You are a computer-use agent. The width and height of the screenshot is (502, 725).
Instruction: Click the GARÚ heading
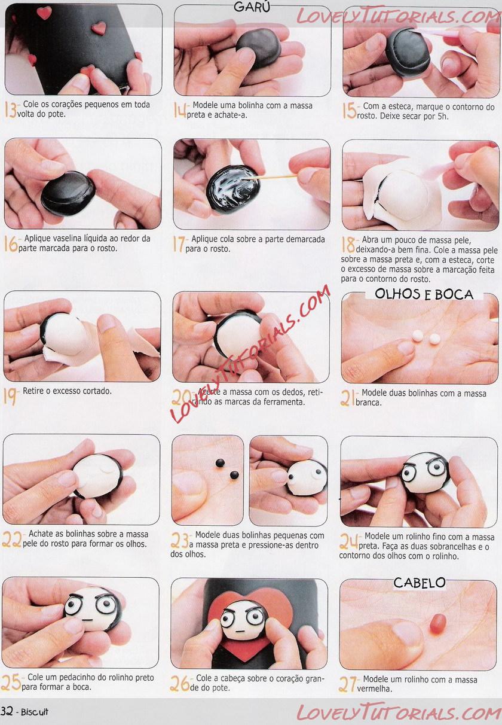point(252,7)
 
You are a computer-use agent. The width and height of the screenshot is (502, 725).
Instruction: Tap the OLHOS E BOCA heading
point(424,294)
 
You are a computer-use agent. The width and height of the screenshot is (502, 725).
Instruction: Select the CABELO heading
point(419,583)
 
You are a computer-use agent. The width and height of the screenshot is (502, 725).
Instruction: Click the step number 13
point(10,109)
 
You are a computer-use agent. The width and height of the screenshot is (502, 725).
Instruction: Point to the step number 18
point(348,245)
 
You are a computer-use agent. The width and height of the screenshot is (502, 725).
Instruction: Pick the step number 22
point(11,540)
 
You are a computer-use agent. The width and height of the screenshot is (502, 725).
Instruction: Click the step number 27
point(348,684)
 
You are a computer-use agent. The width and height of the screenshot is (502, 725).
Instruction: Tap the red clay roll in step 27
point(438,623)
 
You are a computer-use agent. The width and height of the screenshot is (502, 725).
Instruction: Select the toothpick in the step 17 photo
point(273,176)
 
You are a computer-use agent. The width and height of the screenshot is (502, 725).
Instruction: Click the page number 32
point(7,711)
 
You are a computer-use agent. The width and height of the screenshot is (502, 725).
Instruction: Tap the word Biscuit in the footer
point(35,712)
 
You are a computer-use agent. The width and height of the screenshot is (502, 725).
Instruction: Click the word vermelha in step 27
point(375,689)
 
